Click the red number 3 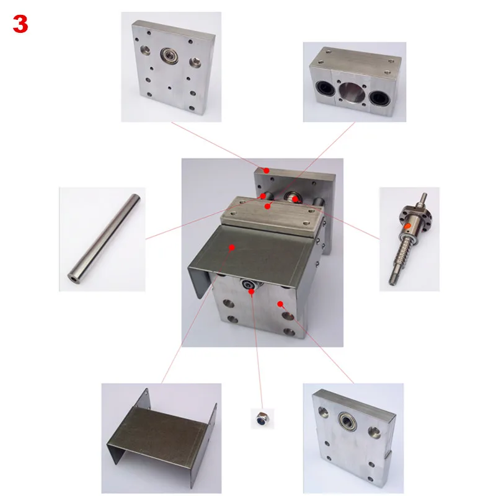[20, 24]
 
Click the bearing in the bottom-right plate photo [346, 423]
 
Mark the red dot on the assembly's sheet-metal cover [232, 247]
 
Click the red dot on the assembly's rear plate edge [266, 170]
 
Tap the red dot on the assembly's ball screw [296, 199]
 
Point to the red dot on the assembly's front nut [250, 291]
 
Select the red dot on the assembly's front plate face [281, 304]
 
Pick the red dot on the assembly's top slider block [267, 205]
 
